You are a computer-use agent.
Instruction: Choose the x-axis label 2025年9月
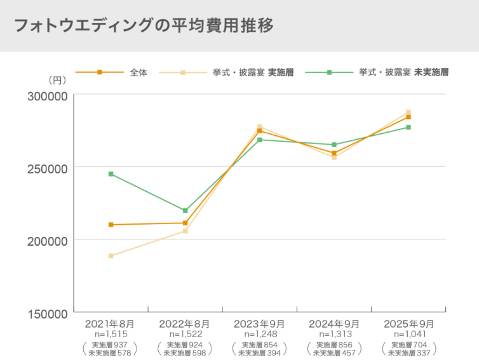coord(408,323)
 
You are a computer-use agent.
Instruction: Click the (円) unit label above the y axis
coord(58,81)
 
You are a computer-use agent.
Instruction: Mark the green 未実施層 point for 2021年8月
coord(111,174)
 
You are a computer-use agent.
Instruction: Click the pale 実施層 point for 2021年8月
coord(111,256)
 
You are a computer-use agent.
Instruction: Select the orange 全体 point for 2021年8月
coord(111,225)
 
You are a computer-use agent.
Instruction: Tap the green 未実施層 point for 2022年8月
coord(185,211)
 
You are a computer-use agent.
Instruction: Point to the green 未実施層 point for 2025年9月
coord(408,128)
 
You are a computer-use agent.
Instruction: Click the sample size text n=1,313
coord(334,334)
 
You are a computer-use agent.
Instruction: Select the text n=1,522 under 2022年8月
coord(185,334)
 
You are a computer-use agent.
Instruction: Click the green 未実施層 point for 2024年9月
coord(334,145)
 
